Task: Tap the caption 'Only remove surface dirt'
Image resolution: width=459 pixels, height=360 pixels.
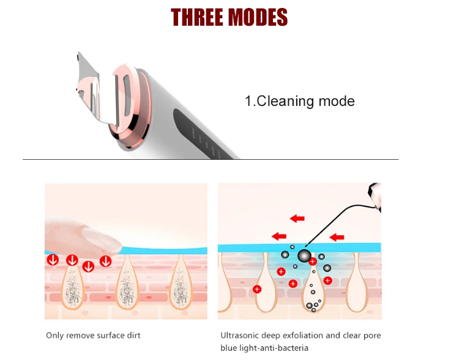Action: click(x=93, y=336)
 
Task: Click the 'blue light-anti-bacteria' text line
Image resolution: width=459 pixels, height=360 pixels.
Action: click(x=264, y=348)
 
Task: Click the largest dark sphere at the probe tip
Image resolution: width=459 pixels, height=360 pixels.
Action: click(x=304, y=255)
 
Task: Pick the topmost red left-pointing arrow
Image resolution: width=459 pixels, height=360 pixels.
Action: click(x=297, y=218)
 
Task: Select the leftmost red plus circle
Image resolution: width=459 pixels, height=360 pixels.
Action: click(x=257, y=289)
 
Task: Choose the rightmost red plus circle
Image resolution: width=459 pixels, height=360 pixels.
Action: click(x=327, y=280)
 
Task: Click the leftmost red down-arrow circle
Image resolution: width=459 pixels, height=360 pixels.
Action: click(x=53, y=260)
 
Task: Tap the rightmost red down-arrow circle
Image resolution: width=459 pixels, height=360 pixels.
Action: click(x=106, y=261)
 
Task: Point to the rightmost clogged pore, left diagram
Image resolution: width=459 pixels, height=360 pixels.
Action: click(x=181, y=283)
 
